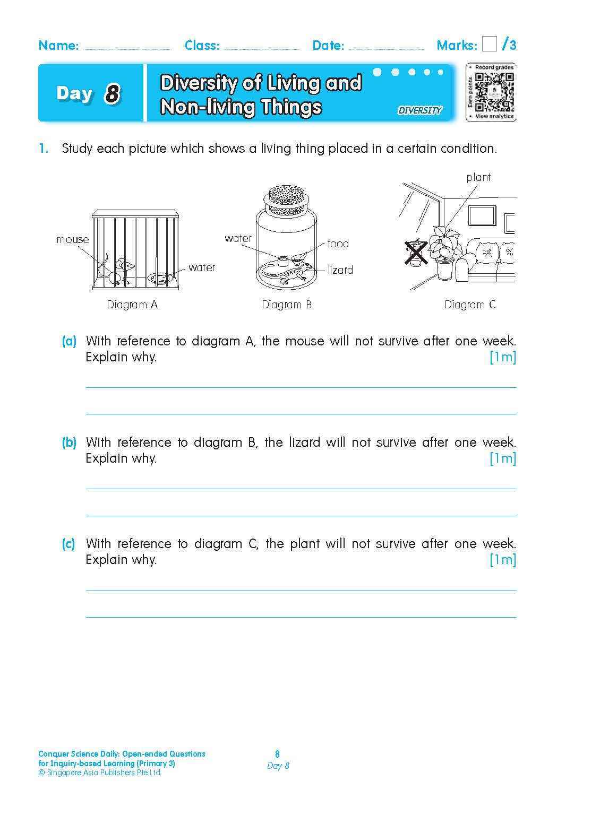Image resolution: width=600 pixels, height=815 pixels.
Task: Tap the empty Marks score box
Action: pyautogui.click(x=490, y=44)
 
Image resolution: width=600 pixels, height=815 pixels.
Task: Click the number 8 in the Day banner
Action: pyautogui.click(x=112, y=94)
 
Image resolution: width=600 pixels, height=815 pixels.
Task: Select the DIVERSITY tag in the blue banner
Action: pyautogui.click(x=419, y=110)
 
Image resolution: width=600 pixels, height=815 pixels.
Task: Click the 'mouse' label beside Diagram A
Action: pyautogui.click(x=73, y=239)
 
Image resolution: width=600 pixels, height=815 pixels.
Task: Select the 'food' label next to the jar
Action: pyautogui.click(x=338, y=244)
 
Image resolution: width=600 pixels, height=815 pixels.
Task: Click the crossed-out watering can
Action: pyautogui.click(x=416, y=252)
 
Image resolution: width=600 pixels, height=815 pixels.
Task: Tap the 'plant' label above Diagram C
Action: pyautogui.click(x=478, y=177)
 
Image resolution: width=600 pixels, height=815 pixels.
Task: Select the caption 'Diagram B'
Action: pyautogui.click(x=287, y=305)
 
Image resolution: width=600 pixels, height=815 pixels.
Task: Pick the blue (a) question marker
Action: pyautogui.click(x=69, y=341)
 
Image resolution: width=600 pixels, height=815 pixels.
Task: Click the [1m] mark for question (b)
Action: pyautogui.click(x=502, y=458)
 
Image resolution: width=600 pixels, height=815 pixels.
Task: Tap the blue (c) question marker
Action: pyautogui.click(x=68, y=543)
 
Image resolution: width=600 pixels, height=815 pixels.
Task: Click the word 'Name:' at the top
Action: pyautogui.click(x=58, y=46)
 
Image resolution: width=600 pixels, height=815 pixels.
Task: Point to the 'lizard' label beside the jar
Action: pyautogui.click(x=340, y=270)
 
